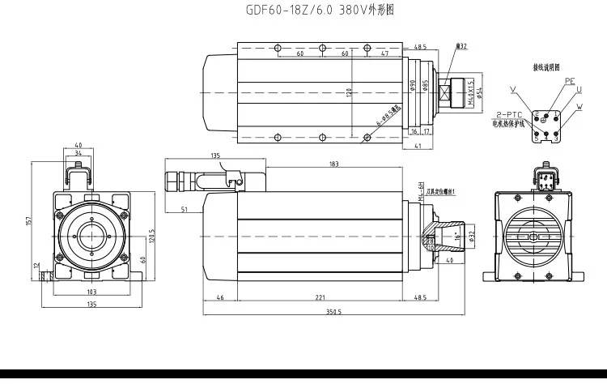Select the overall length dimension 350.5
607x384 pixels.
[333, 311]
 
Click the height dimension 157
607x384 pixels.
[29, 221]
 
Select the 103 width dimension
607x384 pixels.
[91, 291]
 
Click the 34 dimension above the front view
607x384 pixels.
[78, 151]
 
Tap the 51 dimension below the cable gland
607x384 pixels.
[185, 210]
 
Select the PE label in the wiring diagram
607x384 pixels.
[570, 82]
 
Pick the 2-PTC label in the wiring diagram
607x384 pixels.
[509, 116]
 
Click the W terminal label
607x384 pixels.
[579, 106]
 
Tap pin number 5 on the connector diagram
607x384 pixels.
[537, 139]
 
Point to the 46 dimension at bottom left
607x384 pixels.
[219, 298]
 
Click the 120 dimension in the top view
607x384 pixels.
[351, 92]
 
